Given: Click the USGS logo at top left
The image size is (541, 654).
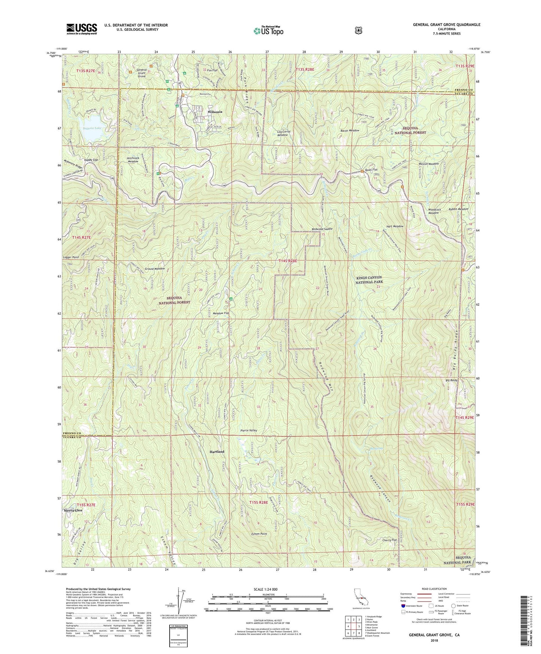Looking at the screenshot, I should click(x=82, y=28).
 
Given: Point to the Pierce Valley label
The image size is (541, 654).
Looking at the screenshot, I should click(x=249, y=430).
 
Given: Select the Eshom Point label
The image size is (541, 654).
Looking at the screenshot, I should click(x=259, y=534).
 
